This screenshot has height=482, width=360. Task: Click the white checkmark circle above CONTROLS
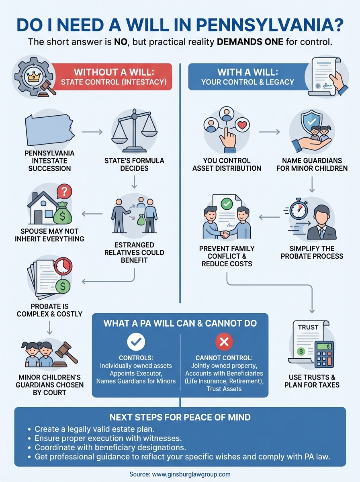pos(135,341)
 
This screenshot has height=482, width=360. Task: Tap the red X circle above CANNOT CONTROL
pos(224,341)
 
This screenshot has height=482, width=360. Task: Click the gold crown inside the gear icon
pos(32,76)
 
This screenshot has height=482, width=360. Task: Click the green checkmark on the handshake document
pos(227,204)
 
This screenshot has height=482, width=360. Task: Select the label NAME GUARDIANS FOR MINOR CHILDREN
pos(312,165)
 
